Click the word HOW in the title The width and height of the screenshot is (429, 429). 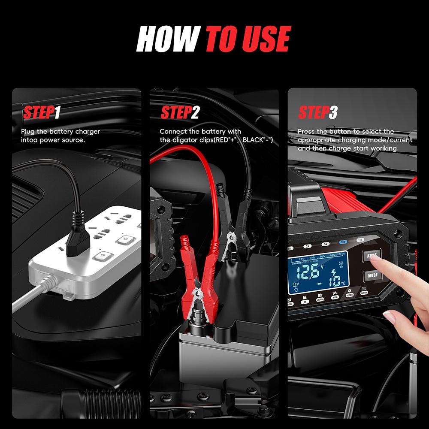[169, 39]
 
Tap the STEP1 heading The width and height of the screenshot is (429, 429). [41, 112]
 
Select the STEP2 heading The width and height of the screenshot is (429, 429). [180, 112]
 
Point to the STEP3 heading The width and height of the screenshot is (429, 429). [317, 112]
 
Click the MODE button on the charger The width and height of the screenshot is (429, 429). [372, 276]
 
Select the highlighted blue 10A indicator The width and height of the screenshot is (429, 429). [343, 242]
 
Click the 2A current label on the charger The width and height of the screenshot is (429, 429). [308, 247]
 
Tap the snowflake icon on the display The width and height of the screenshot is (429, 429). [342, 263]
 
